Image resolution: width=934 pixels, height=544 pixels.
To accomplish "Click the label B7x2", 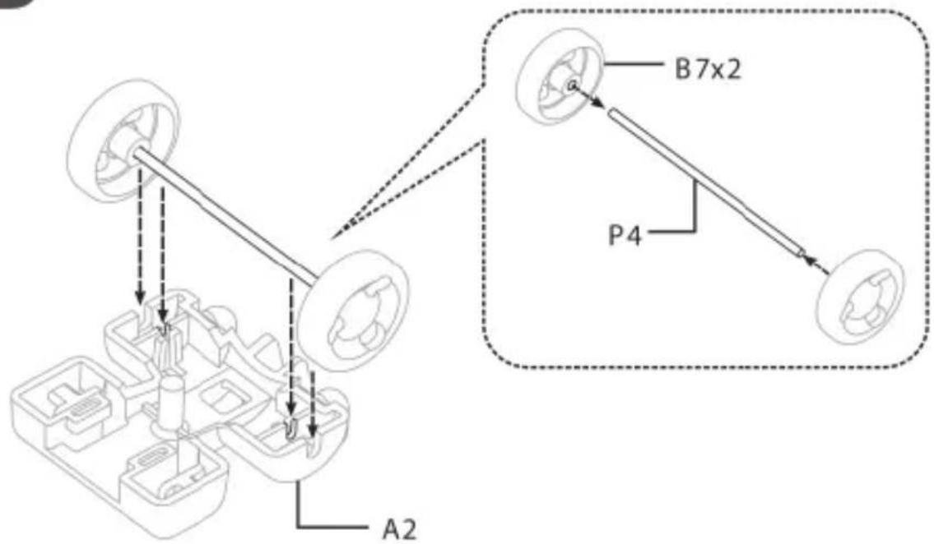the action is coord(709,70).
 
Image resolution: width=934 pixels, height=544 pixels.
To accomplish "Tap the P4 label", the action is coord(625,235).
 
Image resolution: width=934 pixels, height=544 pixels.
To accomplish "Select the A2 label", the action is coord(399,529).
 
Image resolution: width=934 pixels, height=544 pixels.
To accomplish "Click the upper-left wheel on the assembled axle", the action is coord(124,141).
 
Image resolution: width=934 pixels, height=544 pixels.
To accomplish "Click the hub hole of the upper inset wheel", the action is coord(571,85).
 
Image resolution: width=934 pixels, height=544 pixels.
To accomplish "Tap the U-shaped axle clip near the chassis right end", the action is coord(290,427).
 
